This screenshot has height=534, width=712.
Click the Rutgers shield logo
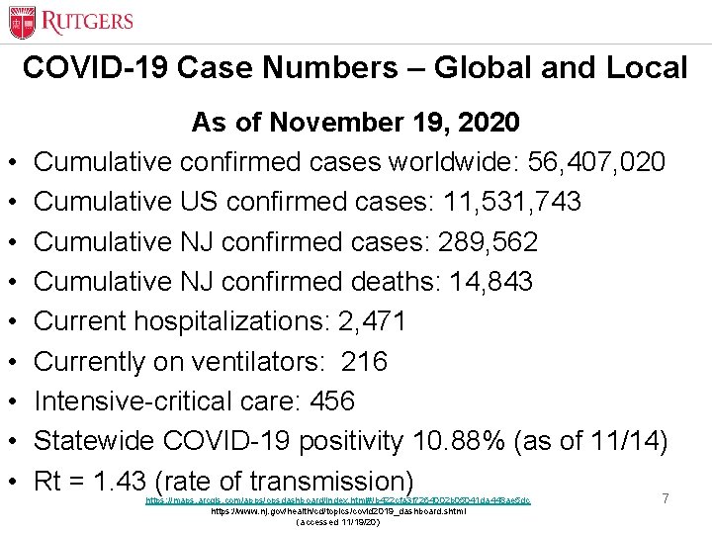[22, 22]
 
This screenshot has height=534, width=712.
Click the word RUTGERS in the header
[86, 21]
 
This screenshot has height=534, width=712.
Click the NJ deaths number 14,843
[490, 282]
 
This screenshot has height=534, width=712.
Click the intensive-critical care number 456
[332, 401]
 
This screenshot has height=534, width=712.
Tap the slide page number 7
[666, 499]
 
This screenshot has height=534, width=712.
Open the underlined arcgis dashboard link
[337, 500]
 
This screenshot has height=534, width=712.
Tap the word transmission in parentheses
[325, 482]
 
